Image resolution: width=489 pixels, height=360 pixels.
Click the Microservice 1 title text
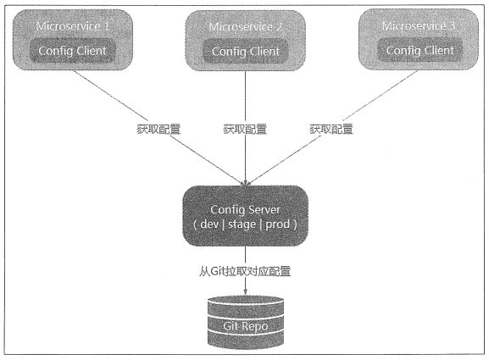pos(72,26)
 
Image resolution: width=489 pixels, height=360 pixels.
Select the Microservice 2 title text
pos(246,27)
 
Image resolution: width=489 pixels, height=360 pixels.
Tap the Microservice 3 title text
pos(419,26)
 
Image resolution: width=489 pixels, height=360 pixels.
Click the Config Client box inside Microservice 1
pos(72,51)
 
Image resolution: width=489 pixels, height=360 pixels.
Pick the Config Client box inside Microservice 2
pos(246,52)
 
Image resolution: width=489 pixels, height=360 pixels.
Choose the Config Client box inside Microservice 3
pos(420,51)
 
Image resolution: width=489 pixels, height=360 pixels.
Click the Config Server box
pos(245,216)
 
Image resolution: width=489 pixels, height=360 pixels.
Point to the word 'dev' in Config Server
pos(209,224)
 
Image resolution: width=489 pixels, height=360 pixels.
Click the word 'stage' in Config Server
pos(242,224)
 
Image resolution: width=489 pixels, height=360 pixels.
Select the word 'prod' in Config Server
pos(278,224)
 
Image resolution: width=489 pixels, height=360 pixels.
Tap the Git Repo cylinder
pos(246,322)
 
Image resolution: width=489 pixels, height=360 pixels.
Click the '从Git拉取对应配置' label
pos(245,271)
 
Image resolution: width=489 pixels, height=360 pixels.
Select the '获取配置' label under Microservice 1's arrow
pos(158,129)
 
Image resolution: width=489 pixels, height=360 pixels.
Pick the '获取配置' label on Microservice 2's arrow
pos(245,129)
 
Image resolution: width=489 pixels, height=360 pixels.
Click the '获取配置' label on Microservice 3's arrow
pos(331,129)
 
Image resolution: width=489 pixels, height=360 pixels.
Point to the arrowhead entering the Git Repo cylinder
pos(246,291)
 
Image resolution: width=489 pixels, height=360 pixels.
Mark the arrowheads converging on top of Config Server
pos(246,183)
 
